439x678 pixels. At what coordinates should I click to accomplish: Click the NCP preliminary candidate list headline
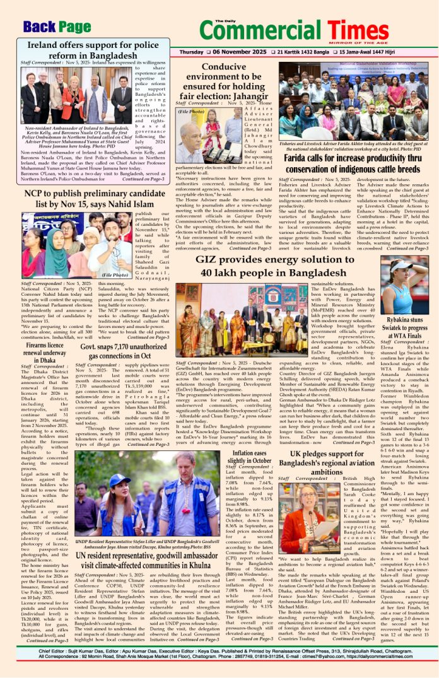click(95, 199)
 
